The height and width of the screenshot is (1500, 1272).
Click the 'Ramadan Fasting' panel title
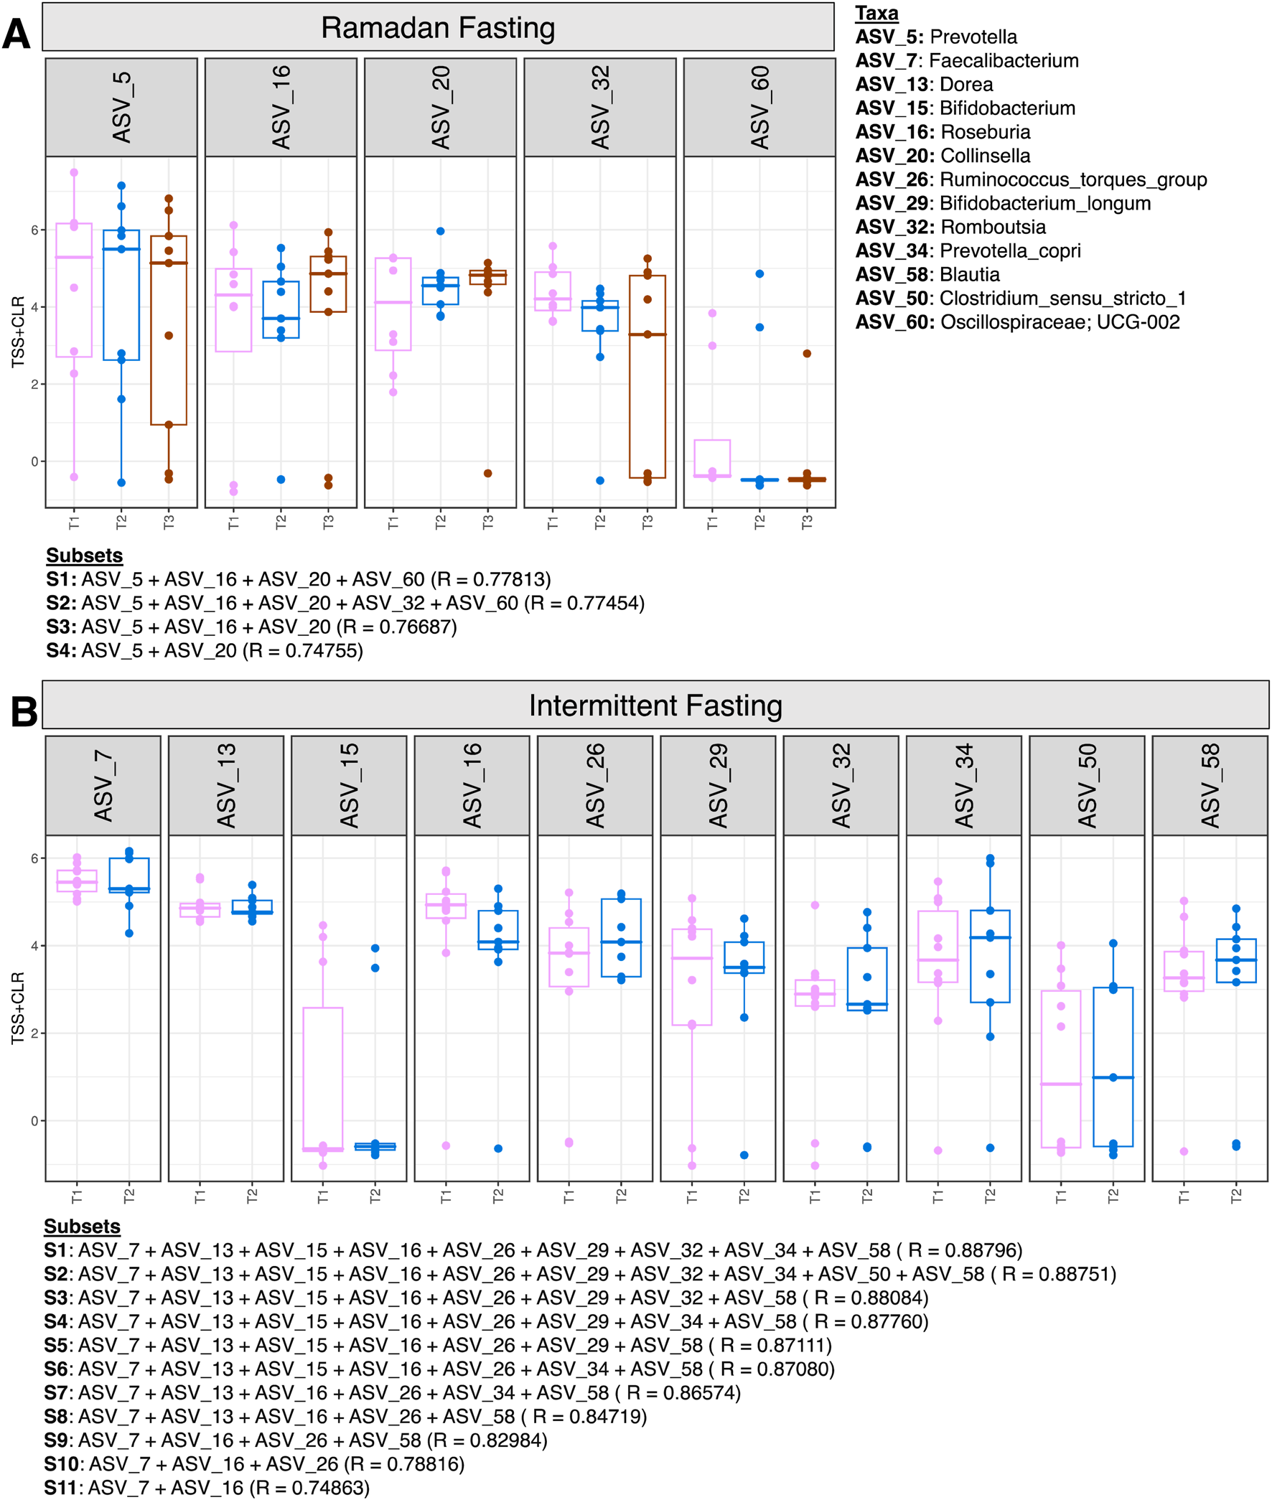click(x=438, y=28)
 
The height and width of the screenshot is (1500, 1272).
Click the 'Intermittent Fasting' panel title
click(x=655, y=706)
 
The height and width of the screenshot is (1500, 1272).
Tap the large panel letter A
click(x=16, y=34)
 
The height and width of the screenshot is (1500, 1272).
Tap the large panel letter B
click(x=23, y=711)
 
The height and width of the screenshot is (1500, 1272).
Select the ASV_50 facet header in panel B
click(x=1086, y=786)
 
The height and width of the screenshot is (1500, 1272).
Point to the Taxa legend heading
click(x=876, y=13)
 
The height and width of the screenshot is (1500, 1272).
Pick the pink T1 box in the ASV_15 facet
click(x=322, y=1081)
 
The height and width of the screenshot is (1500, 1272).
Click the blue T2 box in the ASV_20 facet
click(x=440, y=291)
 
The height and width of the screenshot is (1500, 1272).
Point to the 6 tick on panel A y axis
click(x=34, y=230)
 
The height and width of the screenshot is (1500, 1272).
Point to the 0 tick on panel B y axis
click(x=34, y=1121)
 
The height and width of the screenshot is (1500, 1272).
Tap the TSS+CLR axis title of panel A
click(x=18, y=332)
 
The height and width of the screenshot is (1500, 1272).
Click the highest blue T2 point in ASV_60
click(x=759, y=274)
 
